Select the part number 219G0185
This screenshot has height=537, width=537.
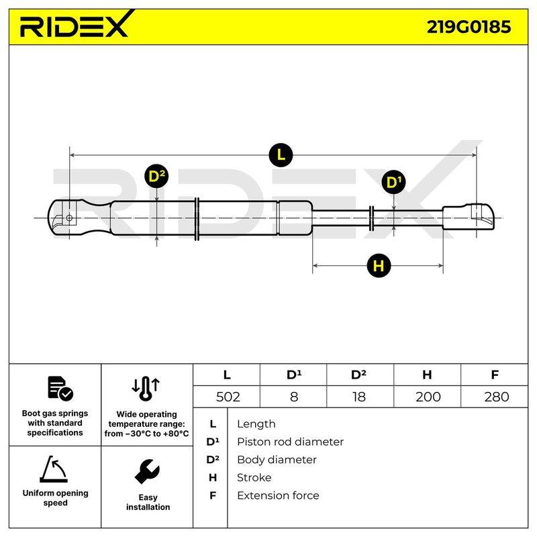click(x=469, y=27)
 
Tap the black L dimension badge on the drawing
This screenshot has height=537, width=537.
click(x=281, y=155)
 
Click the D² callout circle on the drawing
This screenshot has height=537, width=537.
click(x=156, y=177)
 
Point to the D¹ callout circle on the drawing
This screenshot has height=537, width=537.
click(x=394, y=182)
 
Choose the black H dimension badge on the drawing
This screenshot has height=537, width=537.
click(x=379, y=265)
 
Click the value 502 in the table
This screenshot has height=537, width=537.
click(x=228, y=397)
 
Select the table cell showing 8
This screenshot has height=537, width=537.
click(x=293, y=397)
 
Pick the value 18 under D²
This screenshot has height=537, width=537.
click(x=359, y=397)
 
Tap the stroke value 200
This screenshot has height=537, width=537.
click(x=428, y=397)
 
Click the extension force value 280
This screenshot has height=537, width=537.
click(x=496, y=397)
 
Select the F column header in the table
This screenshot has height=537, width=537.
click(x=495, y=375)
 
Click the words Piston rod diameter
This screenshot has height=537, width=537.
click(x=290, y=442)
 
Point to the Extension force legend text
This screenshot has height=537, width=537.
click(x=278, y=495)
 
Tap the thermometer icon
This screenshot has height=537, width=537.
click(x=146, y=389)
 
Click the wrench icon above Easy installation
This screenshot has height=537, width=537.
click(x=147, y=472)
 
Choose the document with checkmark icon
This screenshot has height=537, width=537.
click(x=60, y=389)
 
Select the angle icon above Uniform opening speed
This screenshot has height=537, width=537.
click(x=54, y=469)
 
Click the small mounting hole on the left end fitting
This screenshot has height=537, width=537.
click(x=69, y=217)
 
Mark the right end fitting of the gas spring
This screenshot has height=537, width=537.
click(x=469, y=217)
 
